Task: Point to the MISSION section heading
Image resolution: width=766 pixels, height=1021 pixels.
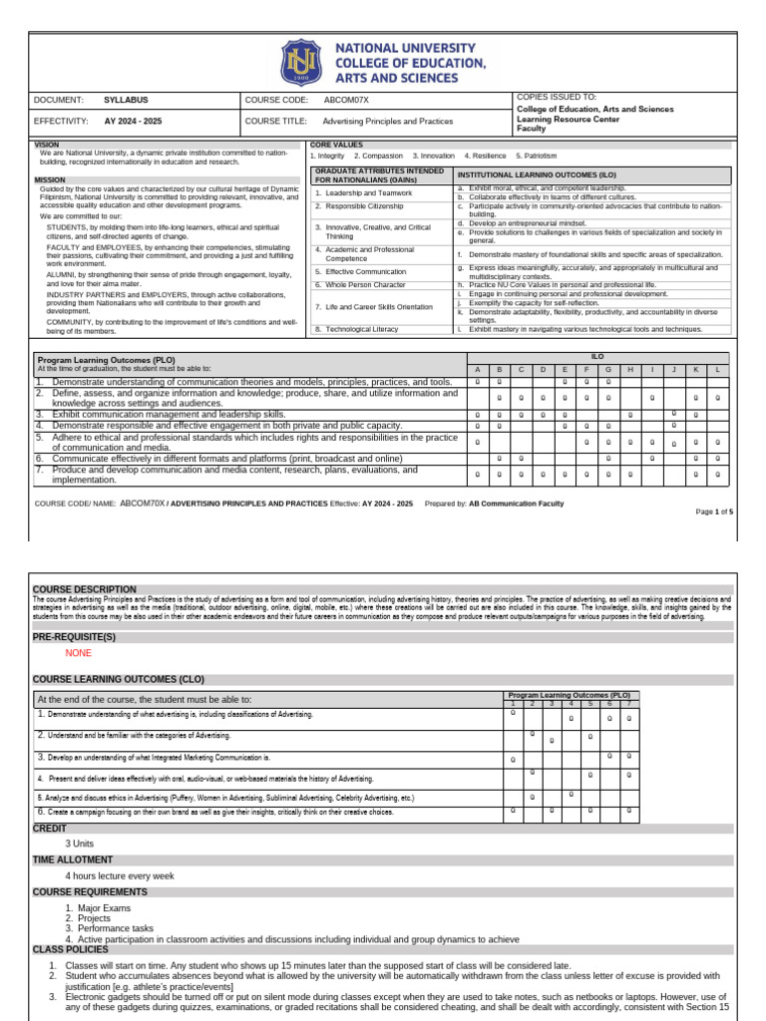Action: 50,180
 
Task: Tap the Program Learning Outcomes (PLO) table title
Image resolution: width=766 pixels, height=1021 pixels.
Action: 106,359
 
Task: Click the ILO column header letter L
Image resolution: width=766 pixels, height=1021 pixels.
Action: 717,369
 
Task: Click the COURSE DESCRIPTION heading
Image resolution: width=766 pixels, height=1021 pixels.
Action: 85,589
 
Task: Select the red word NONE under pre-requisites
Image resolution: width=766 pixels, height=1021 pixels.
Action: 78,653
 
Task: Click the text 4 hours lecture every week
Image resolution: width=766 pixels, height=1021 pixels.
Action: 119,875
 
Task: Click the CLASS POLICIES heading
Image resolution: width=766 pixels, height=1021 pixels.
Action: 72,949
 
